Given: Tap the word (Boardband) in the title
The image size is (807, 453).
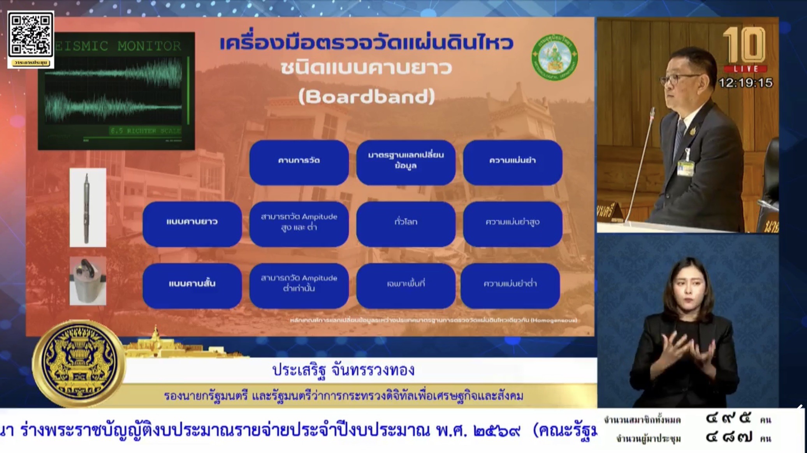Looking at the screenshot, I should point(366,96).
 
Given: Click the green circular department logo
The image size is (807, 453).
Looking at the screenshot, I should point(555,58).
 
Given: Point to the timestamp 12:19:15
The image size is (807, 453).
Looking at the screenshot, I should point(745,83).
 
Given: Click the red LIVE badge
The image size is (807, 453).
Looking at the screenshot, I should point(745,69).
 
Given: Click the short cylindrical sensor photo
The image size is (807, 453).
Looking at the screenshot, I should point(88,281).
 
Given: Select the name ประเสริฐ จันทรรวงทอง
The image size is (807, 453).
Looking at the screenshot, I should point(343,370).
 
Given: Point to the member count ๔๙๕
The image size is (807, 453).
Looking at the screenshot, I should point(728,419).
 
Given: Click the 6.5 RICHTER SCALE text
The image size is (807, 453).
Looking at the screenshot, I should point(145,131).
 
